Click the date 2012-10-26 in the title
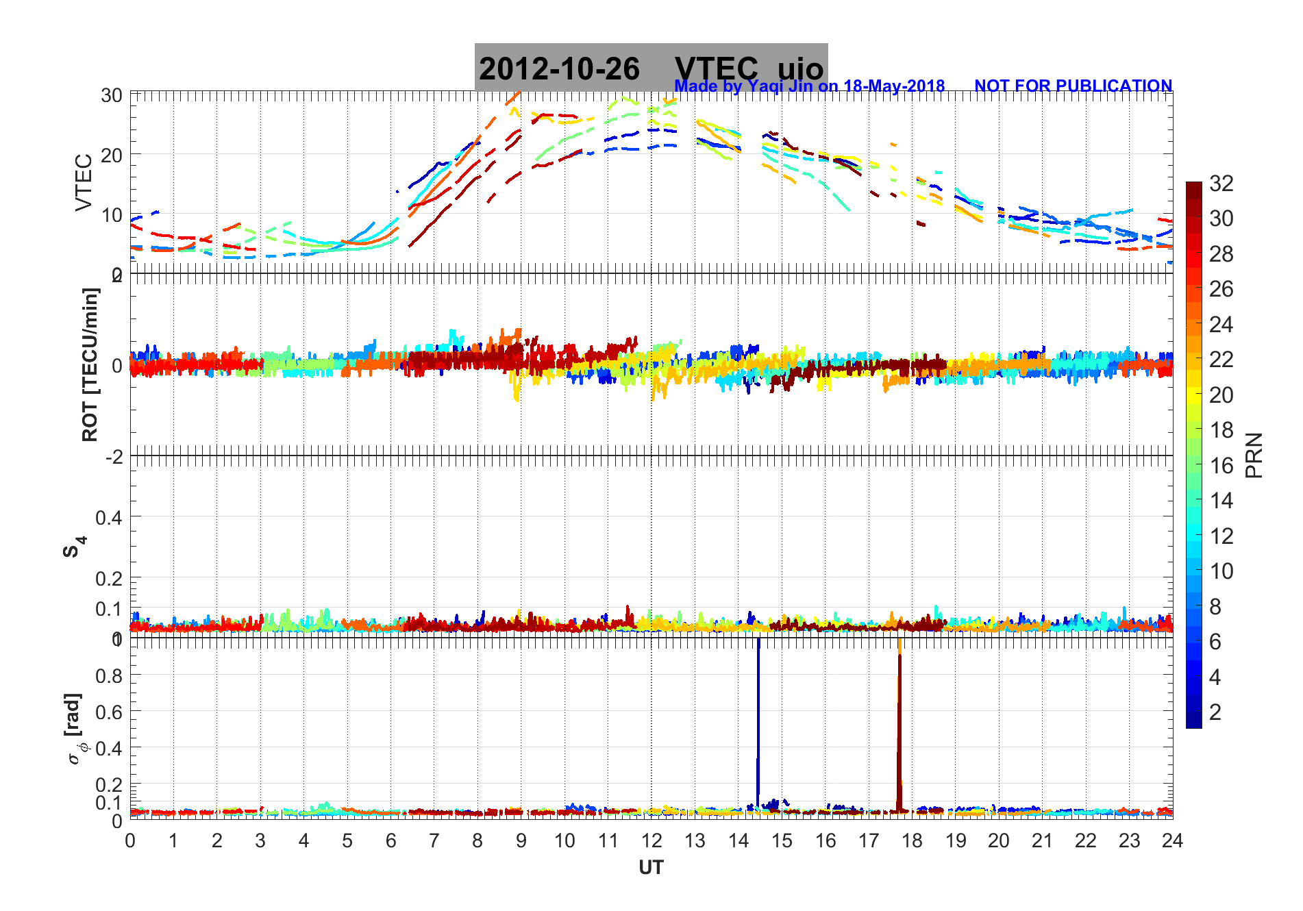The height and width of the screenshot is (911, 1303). tap(559, 69)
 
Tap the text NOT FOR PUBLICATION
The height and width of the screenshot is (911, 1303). tap(1073, 86)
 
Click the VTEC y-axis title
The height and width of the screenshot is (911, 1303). tap(84, 182)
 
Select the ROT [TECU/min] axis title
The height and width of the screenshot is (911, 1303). tap(90, 364)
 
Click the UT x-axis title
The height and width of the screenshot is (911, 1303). tap(651, 868)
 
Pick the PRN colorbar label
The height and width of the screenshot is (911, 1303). tap(1254, 455)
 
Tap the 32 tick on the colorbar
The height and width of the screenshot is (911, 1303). tap(1221, 184)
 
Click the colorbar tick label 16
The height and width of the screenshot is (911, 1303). tap(1221, 466)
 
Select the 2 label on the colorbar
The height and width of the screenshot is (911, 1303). tap(1215, 712)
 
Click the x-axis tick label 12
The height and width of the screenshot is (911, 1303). tap(651, 841)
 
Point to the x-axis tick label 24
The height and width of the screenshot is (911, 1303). tap(1172, 841)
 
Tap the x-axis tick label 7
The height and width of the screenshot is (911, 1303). tap(434, 841)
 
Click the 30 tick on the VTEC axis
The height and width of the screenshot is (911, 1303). tap(112, 96)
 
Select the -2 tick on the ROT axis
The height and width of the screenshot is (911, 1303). tap(114, 456)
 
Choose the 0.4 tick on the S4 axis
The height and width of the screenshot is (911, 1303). tap(110, 518)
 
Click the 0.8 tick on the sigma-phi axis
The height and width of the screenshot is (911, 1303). tap(110, 676)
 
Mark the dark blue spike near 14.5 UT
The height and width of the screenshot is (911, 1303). tap(758, 719)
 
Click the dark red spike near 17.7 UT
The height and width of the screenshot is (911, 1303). tap(899, 726)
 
